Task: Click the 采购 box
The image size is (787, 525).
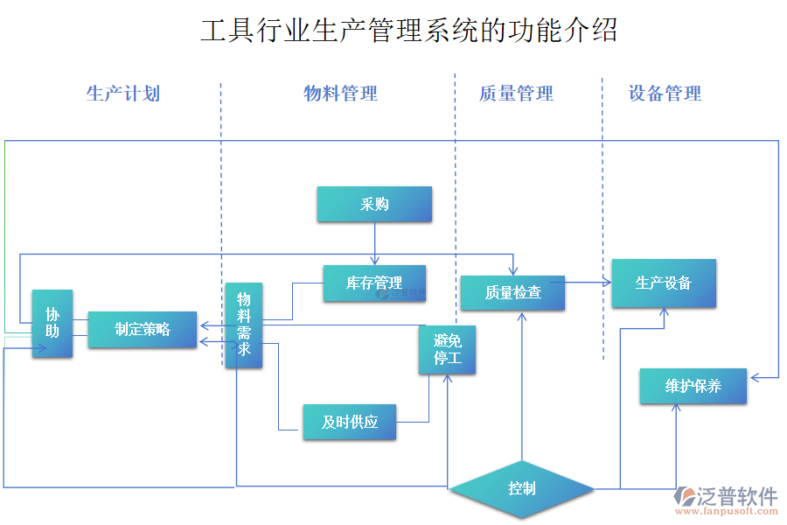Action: pos(374,204)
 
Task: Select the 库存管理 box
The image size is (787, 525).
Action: pos(374,283)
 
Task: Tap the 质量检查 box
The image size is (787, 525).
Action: pos(513,293)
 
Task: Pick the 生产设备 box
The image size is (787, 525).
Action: pos(664,283)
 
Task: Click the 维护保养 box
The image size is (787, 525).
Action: pos(693,386)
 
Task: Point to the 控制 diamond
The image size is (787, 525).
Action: pos(522,488)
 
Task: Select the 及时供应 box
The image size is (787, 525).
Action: pos(350,422)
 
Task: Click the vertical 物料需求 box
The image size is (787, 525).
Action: pos(243,325)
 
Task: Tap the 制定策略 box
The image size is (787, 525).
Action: pos(143,329)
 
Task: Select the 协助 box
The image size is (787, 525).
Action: pos(52,323)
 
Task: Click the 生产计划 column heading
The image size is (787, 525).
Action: pos(123,94)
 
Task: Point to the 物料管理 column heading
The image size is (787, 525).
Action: pos(340,94)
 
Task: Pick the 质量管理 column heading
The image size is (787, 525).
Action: pos(516,94)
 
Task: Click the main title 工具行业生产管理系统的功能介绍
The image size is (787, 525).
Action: pos(409,31)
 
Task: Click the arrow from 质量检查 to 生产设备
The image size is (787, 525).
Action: pos(587,282)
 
